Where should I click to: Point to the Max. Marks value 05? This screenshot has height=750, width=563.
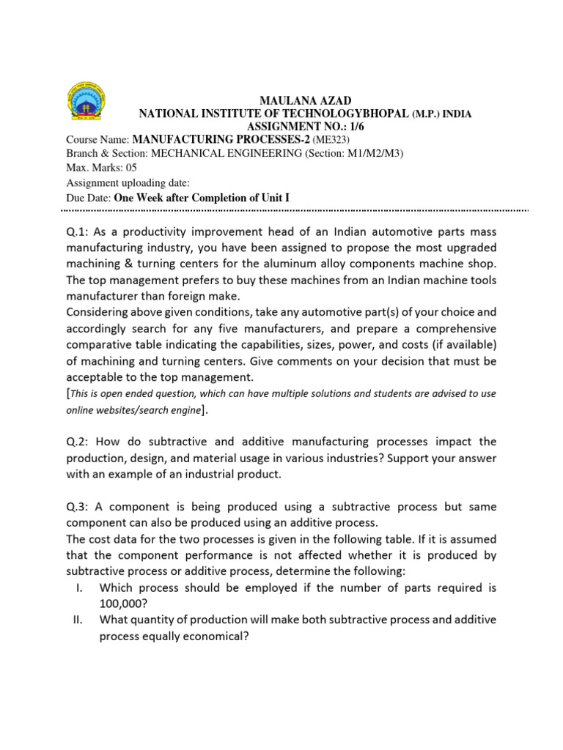click(x=131, y=168)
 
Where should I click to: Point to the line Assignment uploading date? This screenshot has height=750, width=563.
click(x=128, y=183)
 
